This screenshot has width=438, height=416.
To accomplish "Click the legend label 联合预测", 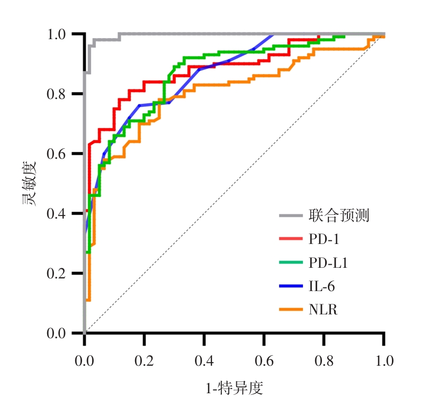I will (x=339, y=215).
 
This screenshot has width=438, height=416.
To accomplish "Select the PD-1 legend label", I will (x=324, y=239).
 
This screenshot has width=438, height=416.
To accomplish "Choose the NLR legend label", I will (x=323, y=310).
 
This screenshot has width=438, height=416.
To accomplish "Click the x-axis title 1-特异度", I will (x=234, y=389).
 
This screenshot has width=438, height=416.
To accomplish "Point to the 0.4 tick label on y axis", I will (x=59, y=214).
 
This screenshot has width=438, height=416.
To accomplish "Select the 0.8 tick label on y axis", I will (x=59, y=94).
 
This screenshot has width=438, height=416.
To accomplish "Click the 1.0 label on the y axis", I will (x=59, y=34).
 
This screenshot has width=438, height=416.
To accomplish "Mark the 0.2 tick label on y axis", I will (x=59, y=274).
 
